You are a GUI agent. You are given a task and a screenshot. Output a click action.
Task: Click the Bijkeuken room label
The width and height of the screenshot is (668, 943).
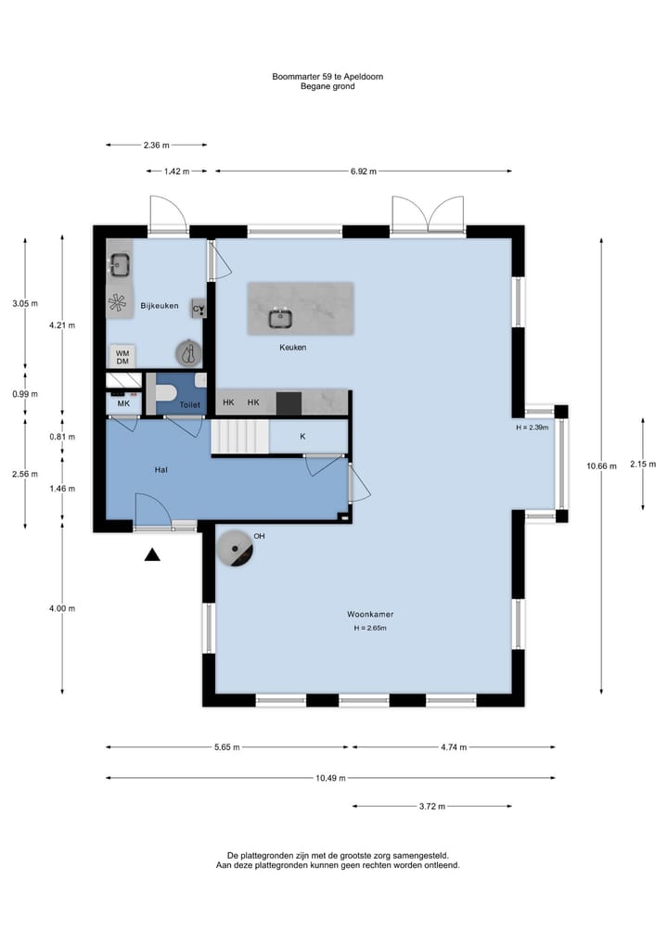click(160, 305)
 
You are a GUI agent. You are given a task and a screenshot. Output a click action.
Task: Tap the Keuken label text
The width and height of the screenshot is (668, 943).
click(292, 347)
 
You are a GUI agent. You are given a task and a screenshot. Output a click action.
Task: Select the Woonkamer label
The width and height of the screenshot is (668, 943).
click(370, 614)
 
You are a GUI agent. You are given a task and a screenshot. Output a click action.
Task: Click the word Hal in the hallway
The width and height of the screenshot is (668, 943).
click(161, 470)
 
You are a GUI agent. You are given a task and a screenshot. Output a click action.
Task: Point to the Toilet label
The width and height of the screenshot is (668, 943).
click(189, 405)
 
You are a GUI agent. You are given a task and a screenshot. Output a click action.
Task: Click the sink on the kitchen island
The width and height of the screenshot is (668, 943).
click(280, 318)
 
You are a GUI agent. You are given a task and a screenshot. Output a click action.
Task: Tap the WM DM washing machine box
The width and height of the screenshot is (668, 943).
click(122, 357)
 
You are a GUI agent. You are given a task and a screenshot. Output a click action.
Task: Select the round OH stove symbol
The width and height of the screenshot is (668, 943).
click(235, 549)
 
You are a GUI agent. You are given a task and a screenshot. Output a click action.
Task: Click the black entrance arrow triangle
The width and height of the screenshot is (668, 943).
click(152, 554)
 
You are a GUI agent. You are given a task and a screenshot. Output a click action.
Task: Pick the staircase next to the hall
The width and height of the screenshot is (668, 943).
click(239, 438)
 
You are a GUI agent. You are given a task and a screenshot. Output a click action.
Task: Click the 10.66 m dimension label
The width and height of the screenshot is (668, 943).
click(602, 465)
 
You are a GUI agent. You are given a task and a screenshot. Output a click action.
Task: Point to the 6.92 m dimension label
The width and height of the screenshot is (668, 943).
click(364, 172)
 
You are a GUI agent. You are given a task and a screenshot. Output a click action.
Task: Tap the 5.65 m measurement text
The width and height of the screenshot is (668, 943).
click(227, 747)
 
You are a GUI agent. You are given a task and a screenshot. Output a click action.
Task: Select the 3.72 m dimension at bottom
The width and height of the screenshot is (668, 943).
click(432, 806)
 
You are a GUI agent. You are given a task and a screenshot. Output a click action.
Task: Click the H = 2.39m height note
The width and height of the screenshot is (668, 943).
click(532, 427)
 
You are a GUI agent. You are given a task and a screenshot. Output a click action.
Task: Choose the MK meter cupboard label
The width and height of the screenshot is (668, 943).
click(123, 403)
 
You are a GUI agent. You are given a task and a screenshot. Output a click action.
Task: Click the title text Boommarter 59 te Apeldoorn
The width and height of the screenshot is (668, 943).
click(328, 76)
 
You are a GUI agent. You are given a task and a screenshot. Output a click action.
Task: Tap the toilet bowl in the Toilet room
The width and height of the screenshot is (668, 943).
click(166, 393)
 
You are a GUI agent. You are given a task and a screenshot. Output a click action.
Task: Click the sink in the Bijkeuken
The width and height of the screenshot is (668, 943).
click(119, 263)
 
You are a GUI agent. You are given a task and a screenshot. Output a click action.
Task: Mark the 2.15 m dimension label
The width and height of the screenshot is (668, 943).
click(643, 464)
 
